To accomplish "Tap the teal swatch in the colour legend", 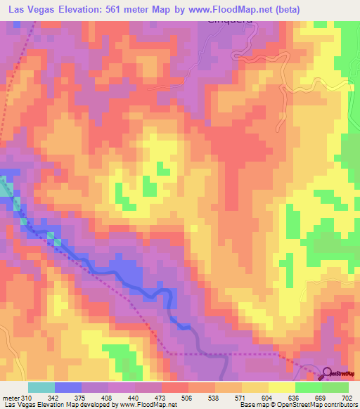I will coord(41,388).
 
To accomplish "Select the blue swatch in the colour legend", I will coord(68,388).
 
